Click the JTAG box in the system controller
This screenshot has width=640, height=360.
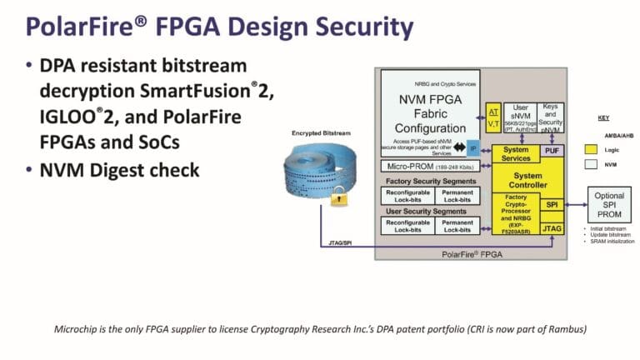(x=552, y=227)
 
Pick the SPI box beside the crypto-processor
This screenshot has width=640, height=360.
(x=552, y=203)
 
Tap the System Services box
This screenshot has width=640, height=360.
(x=517, y=153)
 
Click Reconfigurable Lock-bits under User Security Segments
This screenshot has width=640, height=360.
(x=406, y=225)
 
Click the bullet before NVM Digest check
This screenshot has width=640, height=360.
(x=31, y=170)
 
